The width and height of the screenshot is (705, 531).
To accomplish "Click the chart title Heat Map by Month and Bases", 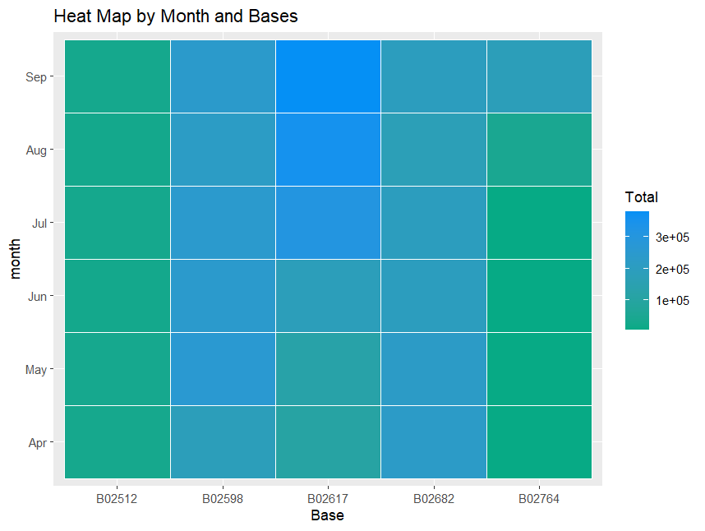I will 175,16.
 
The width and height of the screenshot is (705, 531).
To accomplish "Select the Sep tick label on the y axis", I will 37,76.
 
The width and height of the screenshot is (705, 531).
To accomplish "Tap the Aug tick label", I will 37,150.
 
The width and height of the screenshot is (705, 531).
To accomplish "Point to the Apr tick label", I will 37,442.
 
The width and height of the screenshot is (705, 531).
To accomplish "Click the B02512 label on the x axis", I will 117,498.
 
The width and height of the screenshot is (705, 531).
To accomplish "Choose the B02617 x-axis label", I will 328,498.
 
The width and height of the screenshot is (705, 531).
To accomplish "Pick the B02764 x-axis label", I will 539,498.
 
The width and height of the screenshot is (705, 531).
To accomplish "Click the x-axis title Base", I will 327,516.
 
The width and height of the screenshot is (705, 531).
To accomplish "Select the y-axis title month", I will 16,259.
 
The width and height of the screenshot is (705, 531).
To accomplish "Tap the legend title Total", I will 641,197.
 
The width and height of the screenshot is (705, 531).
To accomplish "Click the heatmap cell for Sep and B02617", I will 328,76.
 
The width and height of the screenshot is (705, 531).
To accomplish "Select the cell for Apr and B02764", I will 539,442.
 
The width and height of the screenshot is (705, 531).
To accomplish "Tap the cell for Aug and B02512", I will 117,150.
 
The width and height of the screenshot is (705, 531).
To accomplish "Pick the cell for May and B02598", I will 223,369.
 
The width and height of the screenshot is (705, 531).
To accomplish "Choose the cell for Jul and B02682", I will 434,223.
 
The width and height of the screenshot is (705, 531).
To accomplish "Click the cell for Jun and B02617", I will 328,296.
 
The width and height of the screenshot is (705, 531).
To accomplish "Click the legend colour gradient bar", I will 637,270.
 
